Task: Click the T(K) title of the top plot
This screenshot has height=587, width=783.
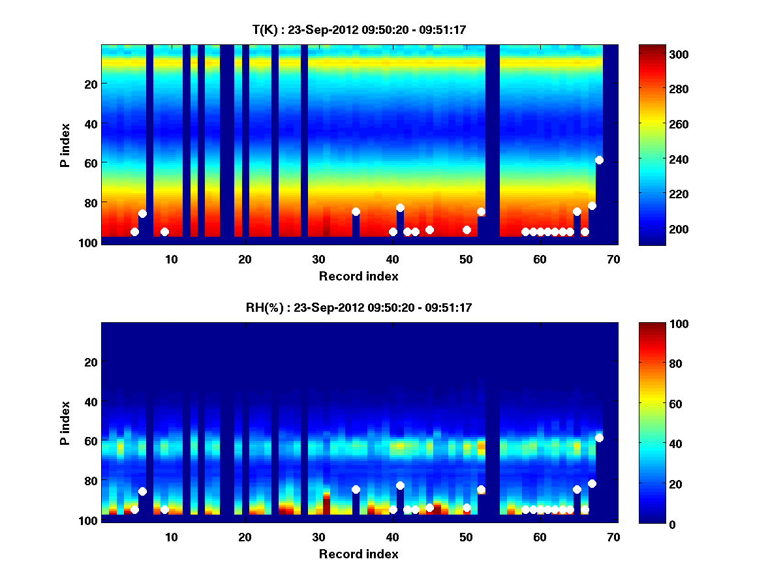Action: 358,29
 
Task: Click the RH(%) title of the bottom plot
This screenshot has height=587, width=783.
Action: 358,307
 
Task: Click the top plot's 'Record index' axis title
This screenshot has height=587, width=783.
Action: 358,276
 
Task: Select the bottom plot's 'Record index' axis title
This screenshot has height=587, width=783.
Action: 358,554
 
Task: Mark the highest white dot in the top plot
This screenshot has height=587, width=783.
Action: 599,160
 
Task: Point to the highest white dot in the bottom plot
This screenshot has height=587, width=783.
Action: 599,438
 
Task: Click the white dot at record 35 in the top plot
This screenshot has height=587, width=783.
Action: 356,211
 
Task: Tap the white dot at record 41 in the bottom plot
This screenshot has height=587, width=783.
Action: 400,485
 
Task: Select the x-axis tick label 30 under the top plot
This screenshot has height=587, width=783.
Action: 318,259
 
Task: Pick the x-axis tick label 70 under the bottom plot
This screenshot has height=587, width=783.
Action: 613,537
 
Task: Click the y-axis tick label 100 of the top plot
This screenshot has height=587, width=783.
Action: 89,242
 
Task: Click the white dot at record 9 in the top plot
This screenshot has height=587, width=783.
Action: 164,232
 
